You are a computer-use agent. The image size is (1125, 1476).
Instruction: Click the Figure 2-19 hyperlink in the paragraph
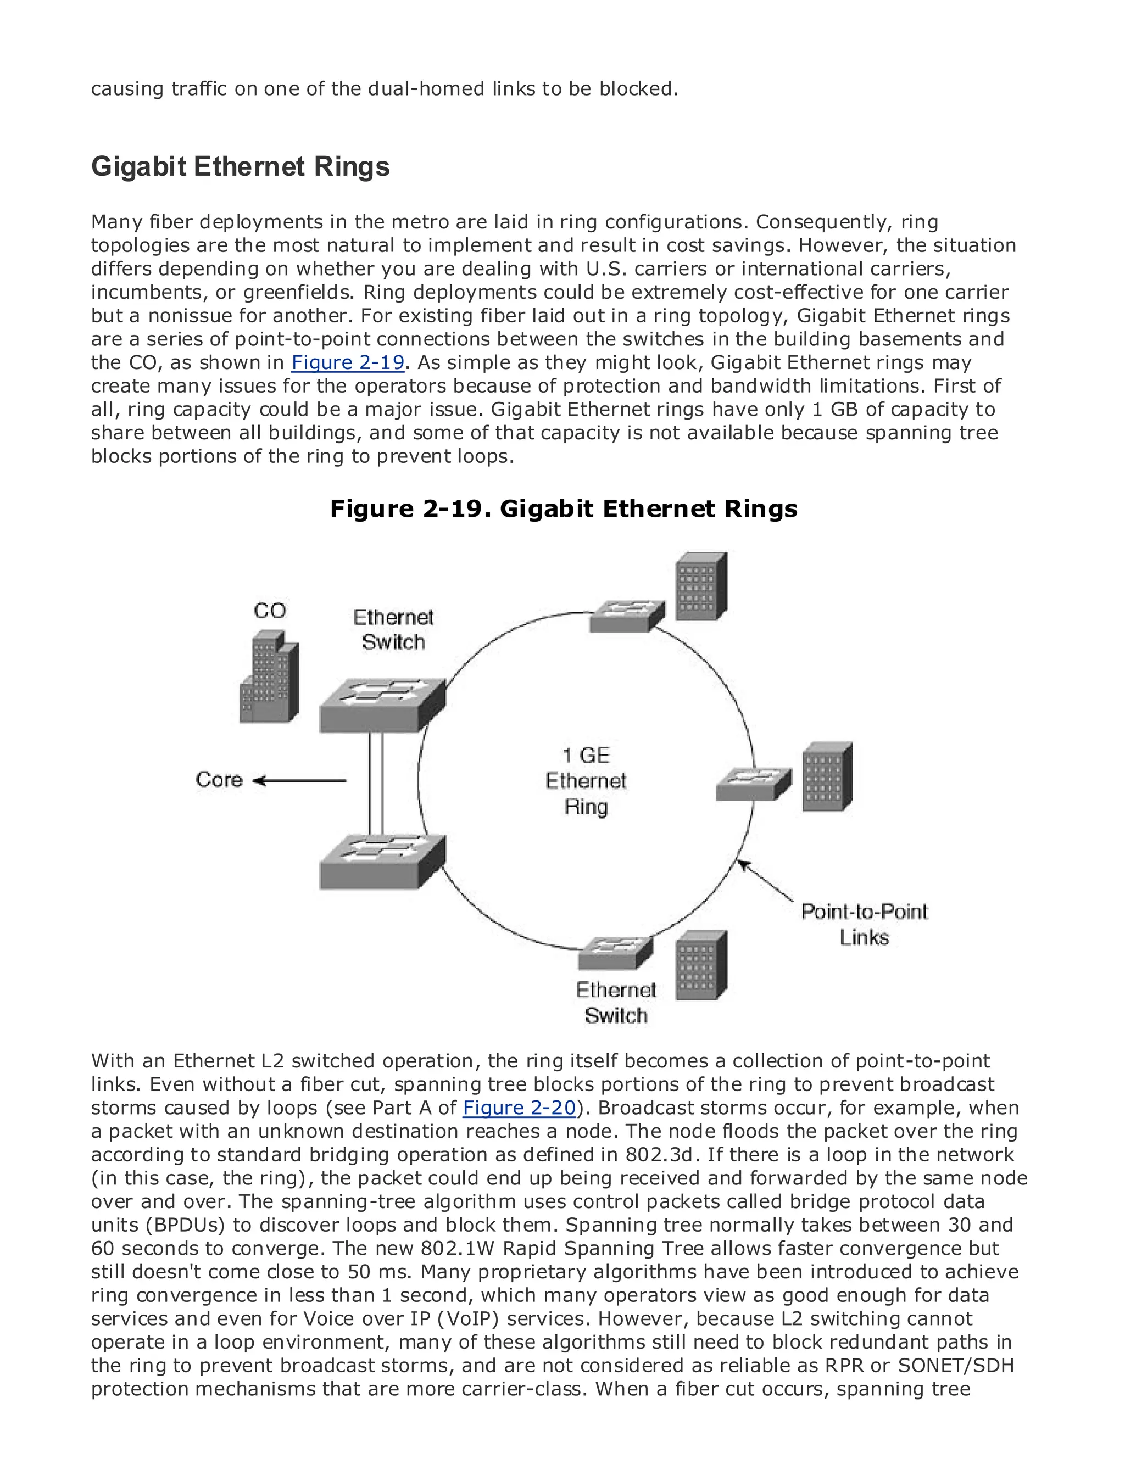[348, 363]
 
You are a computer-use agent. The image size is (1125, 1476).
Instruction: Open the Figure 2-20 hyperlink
[519, 1108]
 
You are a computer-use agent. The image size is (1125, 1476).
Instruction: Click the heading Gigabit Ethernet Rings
[240, 167]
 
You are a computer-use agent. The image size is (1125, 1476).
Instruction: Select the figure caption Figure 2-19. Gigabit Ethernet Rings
[563, 508]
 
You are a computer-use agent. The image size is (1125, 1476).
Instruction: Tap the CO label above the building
[270, 611]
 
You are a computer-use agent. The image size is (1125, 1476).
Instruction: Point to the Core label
[219, 780]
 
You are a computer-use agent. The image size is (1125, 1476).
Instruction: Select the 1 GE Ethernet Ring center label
[586, 781]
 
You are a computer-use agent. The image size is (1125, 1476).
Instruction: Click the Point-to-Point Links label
[864, 924]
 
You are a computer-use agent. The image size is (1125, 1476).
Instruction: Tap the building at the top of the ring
[700, 586]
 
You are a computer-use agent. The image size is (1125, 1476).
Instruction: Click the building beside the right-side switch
[828, 776]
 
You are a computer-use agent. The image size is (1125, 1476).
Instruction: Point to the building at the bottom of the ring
[700, 966]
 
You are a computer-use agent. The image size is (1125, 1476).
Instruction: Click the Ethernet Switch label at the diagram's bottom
[616, 1003]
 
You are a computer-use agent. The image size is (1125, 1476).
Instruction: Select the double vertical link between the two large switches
[376, 782]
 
